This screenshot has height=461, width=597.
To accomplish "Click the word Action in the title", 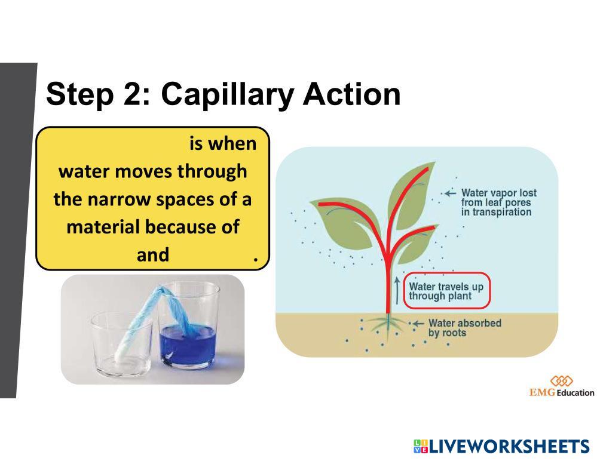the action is coord(352,94).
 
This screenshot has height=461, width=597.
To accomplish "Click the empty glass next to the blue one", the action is coord(121,344).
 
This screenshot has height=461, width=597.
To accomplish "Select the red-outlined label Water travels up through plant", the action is coord(446,291).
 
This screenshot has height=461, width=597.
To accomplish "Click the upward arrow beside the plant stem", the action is coord(397,291).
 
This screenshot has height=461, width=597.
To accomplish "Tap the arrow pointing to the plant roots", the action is coord(417,324).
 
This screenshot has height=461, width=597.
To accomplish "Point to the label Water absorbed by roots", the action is coord(464,328).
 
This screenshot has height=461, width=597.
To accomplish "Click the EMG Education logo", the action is coord(562,387).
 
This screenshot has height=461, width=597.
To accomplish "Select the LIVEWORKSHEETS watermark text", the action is coord(502,446).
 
